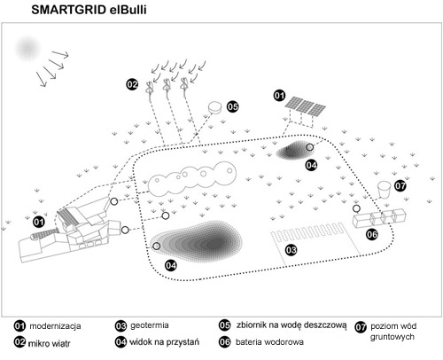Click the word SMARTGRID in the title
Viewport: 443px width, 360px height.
coord(68,10)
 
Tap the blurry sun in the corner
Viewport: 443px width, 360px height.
coord(27,49)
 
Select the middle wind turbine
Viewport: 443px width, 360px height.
coord(167,85)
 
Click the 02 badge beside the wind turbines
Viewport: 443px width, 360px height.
coord(132,84)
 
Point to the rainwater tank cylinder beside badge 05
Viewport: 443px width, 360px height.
coord(215,107)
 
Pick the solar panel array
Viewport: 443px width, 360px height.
coord(305,106)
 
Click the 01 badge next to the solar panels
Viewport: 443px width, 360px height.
coord(279,96)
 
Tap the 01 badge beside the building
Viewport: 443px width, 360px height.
coord(39,222)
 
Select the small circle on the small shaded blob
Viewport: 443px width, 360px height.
coord(309,147)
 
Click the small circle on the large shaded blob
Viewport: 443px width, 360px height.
coord(157,246)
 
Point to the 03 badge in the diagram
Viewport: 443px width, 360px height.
coord(291,250)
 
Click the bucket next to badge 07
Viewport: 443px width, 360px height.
coord(385,190)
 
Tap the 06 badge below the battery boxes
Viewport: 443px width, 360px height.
coord(372,234)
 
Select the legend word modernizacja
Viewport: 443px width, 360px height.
coord(55,326)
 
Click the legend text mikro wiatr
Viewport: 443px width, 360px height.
coord(49,344)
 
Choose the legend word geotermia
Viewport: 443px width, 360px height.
coord(150,325)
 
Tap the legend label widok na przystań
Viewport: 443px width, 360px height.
coord(164,342)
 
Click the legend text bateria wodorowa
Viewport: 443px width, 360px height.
coord(269,342)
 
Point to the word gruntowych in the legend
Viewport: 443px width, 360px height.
coord(392,337)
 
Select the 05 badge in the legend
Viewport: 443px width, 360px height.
coord(224,325)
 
